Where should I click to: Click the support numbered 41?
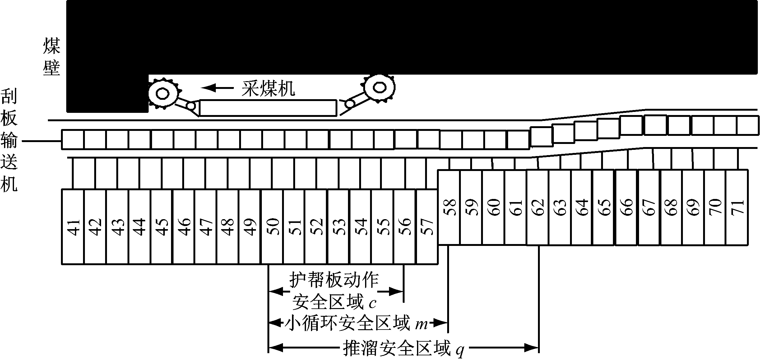pos(73,227)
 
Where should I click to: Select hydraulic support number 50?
pos(272,227)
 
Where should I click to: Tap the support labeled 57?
pos(427,227)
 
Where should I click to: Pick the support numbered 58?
pos(449,207)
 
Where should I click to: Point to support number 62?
pos(538,207)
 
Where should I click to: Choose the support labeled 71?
pos(737,207)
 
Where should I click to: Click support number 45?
pos(162,227)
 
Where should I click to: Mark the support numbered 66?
pos(627,207)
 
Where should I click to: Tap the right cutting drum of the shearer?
pos(379,88)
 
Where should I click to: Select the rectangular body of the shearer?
pos(268,108)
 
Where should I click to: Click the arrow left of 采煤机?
pos(217,88)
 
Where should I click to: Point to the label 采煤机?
pos(268,88)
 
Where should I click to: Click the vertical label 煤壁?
pos(51,57)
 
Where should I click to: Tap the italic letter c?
pos(373,303)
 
